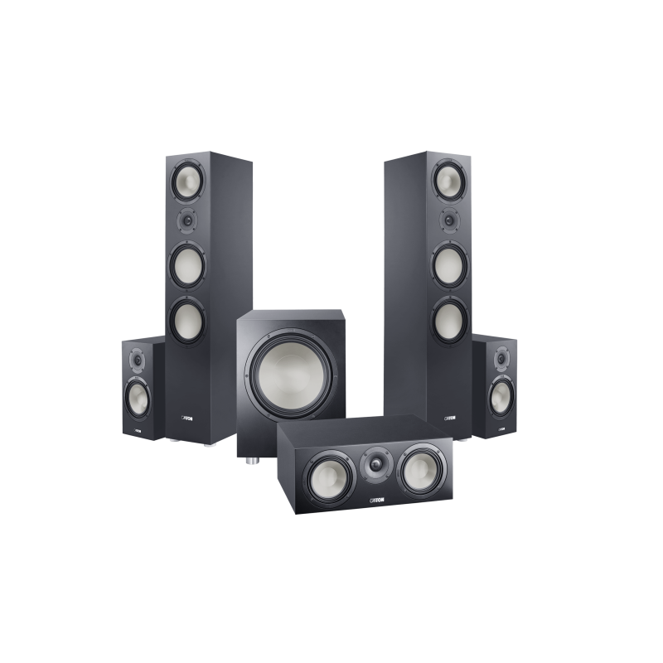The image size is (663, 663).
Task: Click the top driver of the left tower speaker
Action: pos(184,179)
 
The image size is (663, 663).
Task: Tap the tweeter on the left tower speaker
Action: pos(186,220)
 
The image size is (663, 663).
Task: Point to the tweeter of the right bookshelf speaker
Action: pos(500,360)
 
